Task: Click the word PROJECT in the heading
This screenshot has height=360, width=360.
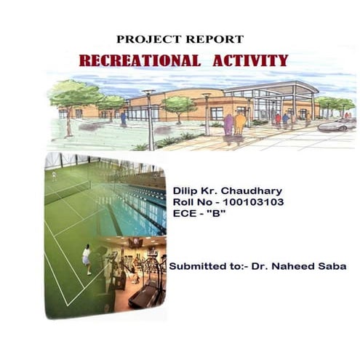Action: pos(143,39)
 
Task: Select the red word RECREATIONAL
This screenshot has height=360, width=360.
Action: pos(140,60)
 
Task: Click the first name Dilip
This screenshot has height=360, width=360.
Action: pos(185,191)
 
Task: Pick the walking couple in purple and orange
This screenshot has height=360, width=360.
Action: pos(233,125)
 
